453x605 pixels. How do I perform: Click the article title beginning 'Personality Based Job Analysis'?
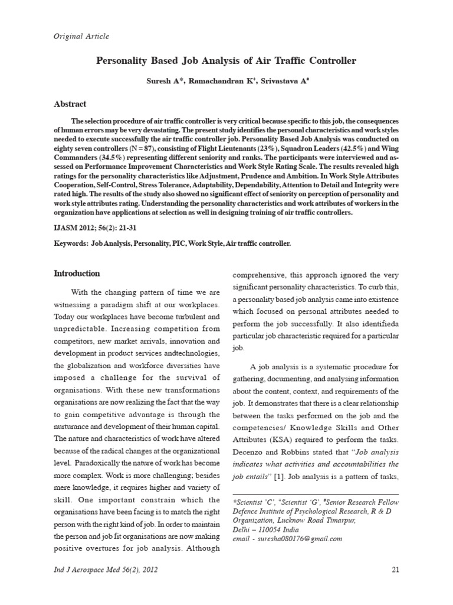226,61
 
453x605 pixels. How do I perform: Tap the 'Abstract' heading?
70,104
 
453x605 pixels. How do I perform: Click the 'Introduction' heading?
77,274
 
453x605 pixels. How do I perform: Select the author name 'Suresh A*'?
165,79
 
